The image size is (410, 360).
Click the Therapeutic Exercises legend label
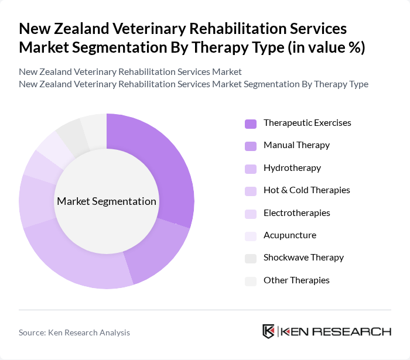(x=307, y=123)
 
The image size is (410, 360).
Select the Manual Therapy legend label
(x=296, y=145)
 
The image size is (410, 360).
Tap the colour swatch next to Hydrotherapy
(x=251, y=169)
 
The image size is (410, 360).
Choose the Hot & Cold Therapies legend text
(x=306, y=190)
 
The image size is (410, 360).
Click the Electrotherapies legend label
(x=296, y=212)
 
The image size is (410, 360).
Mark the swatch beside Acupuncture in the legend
(x=251, y=236)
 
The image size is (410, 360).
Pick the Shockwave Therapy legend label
(x=303, y=258)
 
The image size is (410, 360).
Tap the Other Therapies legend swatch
(x=251, y=281)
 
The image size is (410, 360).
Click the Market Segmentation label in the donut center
(x=107, y=201)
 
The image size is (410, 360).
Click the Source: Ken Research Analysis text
(x=74, y=332)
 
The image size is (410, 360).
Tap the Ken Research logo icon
(x=269, y=331)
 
